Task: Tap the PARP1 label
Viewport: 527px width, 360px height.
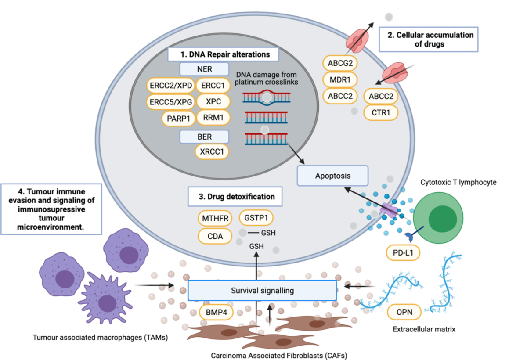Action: (177, 118)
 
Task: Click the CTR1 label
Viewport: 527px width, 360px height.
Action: (381, 112)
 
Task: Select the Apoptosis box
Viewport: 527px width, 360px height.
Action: (332, 176)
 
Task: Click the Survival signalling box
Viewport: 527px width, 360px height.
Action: (262, 290)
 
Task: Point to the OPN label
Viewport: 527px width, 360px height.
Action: (404, 313)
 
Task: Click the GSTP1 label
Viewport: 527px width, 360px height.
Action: (256, 218)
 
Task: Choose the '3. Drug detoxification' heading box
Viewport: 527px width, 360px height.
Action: (235, 197)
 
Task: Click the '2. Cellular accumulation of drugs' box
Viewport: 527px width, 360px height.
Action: (429, 40)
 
